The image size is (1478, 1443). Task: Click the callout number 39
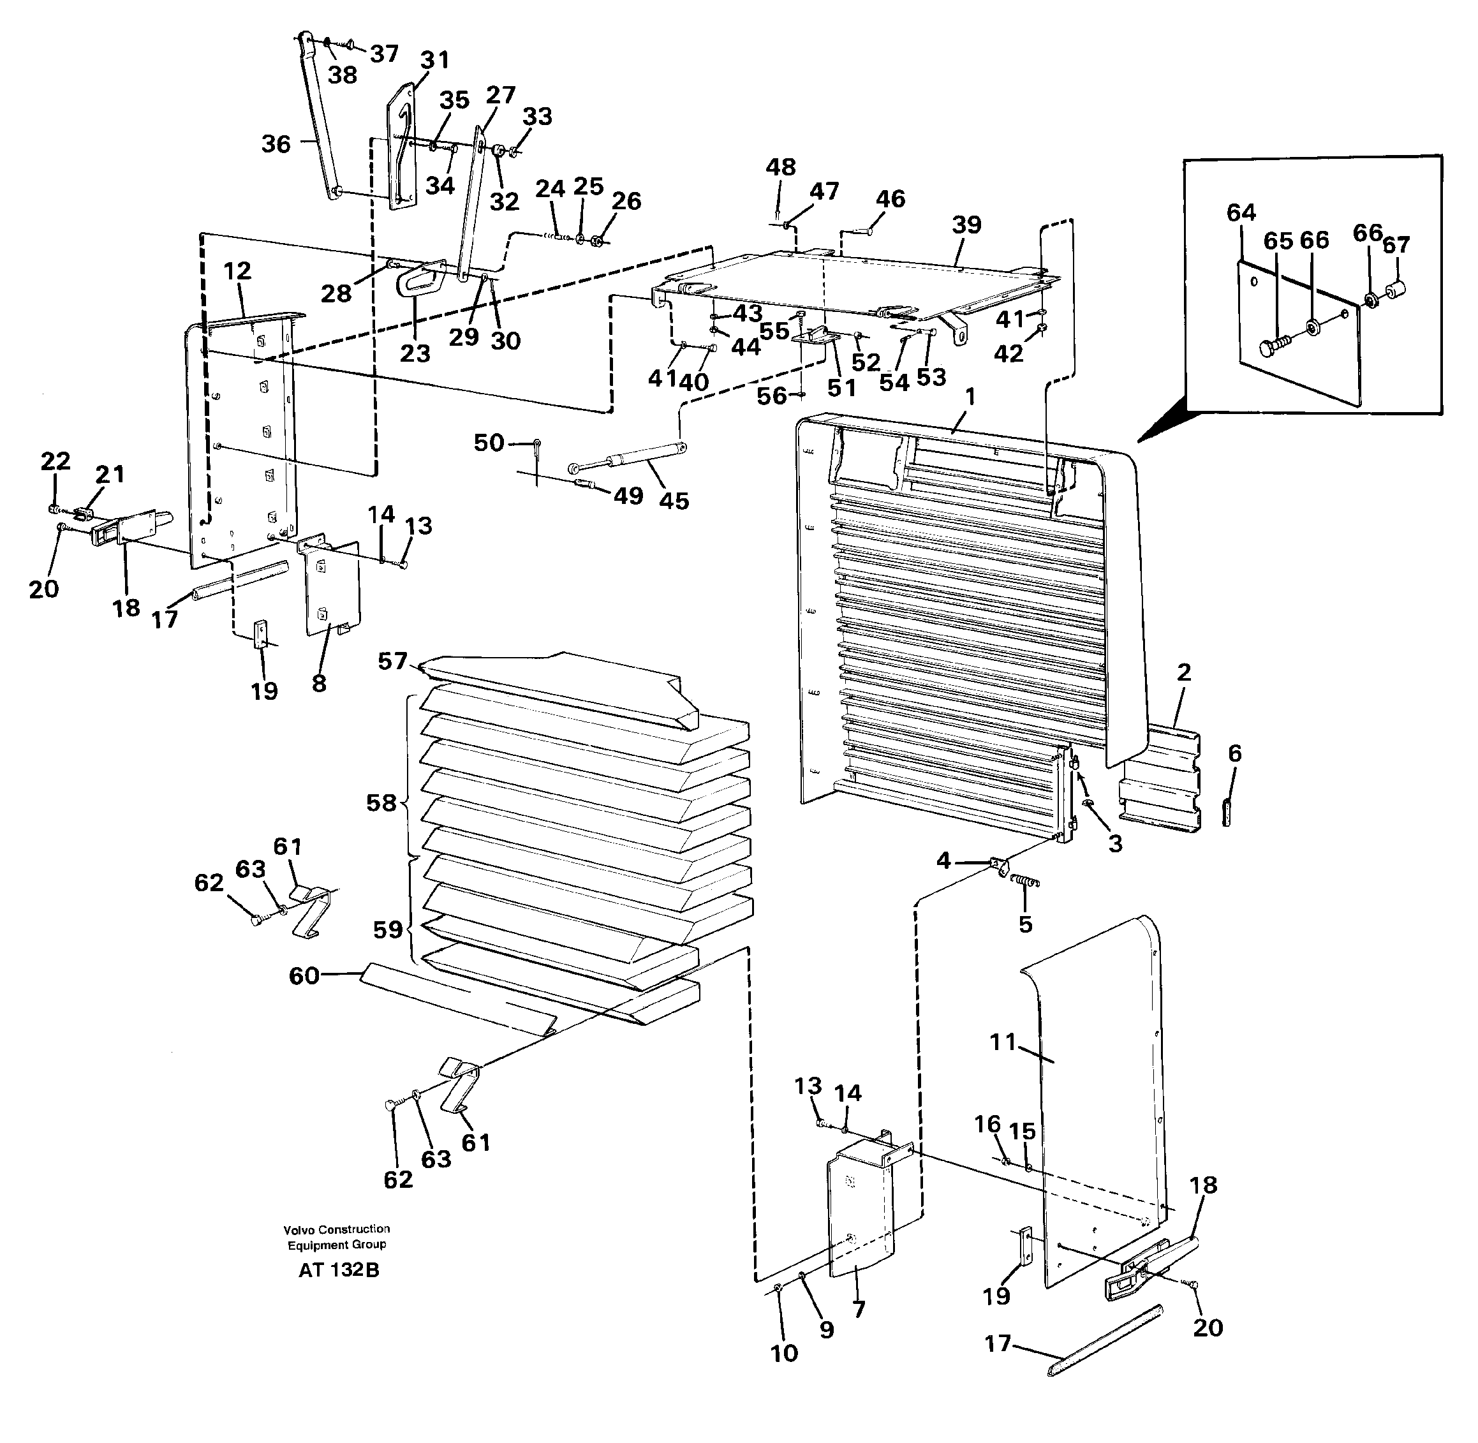pos(966,225)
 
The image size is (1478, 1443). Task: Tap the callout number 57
pos(392,662)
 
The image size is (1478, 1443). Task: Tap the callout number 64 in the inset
pos(1241,214)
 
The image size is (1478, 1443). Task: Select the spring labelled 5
pos(1028,882)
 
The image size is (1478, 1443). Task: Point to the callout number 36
pos(276,144)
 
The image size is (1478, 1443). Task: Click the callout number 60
pos(304,975)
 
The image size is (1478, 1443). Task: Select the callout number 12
pos(237,270)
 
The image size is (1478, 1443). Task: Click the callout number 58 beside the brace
pos(381,803)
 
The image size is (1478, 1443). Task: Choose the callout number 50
pos(489,443)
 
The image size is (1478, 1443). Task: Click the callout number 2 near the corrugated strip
pos(1183,672)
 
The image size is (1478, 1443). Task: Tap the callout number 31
pos(434,59)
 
